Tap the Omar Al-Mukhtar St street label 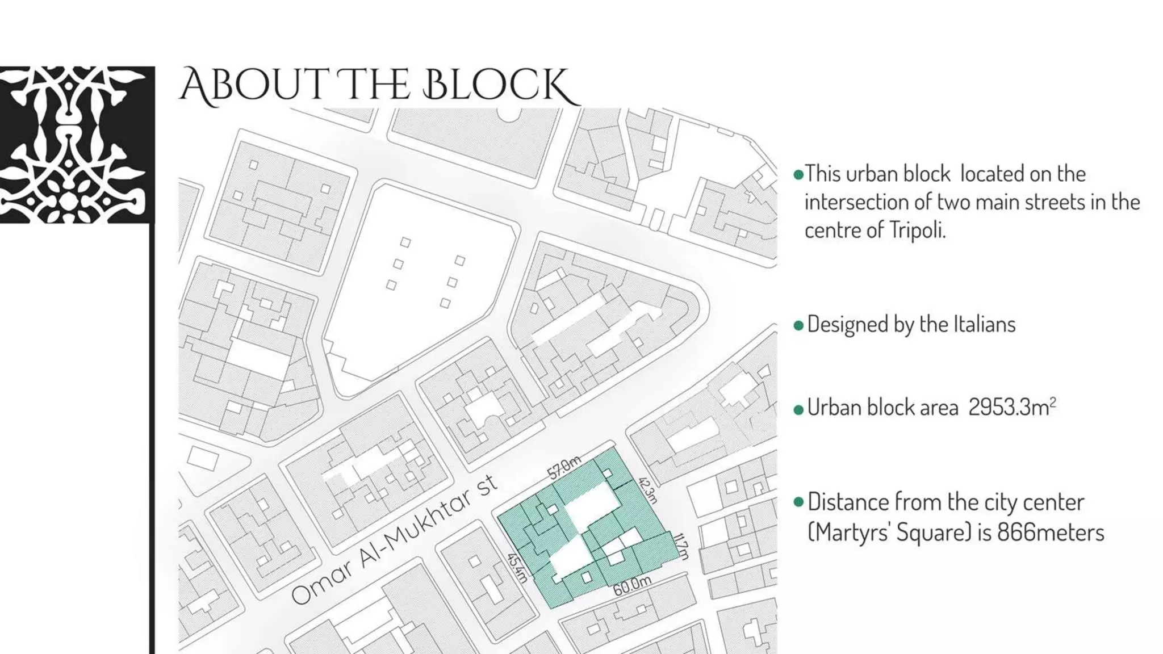click(x=394, y=540)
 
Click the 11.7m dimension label click(x=681, y=546)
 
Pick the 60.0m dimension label click(x=631, y=585)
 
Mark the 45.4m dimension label click(x=517, y=568)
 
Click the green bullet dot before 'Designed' click(x=798, y=325)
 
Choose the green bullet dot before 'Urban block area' click(x=798, y=409)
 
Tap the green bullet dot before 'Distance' click(x=798, y=502)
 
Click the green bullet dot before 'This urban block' click(x=798, y=174)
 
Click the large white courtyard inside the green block click(x=591, y=505)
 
